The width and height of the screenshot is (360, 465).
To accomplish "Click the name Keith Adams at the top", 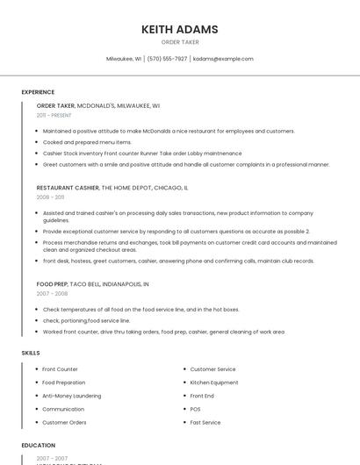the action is coord(180,29).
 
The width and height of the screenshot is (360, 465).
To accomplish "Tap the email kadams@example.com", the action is coord(223,59).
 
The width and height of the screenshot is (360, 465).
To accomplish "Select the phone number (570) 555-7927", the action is coord(167,59).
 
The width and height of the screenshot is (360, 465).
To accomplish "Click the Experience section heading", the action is coord(38,92).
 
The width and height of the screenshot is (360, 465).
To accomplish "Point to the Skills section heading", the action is coord(31,353).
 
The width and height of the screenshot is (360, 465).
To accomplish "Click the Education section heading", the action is coord(39,446).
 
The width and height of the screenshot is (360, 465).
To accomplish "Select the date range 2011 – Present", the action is coord(54,115).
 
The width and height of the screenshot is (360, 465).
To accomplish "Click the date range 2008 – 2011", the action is coord(50,197).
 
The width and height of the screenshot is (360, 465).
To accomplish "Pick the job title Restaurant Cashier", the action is coord(68,188).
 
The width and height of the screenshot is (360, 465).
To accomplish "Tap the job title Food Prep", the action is coord(52,284).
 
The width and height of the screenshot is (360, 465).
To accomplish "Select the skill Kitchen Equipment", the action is coord(214,383).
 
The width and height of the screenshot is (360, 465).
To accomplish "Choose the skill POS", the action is coord(195,409).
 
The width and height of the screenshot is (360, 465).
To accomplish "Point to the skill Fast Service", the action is coord(205,422).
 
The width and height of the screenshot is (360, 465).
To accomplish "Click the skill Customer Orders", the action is coord(64,422).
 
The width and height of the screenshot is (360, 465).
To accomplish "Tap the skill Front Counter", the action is coord(60,369).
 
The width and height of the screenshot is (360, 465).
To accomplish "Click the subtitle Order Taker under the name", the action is coord(180,42).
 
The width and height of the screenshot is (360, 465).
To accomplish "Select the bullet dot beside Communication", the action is coord(36,409).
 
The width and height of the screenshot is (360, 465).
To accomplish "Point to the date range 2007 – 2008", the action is coord(51,294).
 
